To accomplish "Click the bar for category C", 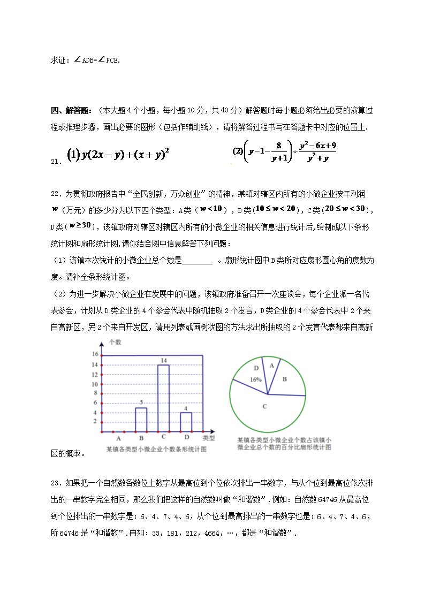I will coord(163,398).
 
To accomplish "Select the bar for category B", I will coord(141,420).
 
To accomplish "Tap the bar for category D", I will coord(186,422).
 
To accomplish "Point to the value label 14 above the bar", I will coord(164,360).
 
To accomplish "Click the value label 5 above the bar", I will coord(141,402).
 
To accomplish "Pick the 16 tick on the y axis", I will coord(95,354).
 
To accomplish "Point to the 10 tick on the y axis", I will coord(95,384).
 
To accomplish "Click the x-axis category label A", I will coord(118,438).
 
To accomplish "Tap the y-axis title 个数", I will coord(115,341).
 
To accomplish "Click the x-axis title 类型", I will coord(210,438).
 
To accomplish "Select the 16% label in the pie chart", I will coord(255,379).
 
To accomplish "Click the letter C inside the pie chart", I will coord(264,407).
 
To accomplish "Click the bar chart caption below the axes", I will coord(156,450).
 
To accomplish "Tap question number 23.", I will coord(57,484).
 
